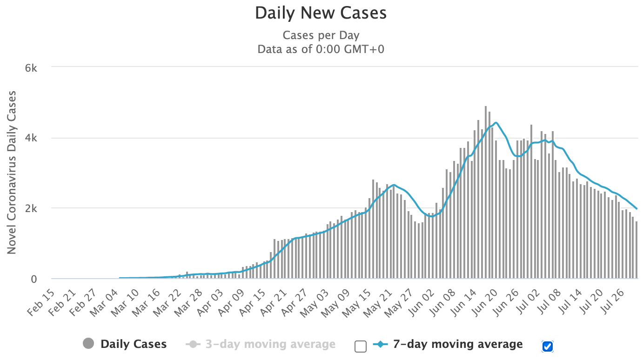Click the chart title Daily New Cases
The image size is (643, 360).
click(321, 13)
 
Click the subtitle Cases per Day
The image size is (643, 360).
click(321, 35)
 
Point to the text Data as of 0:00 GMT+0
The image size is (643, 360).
click(321, 49)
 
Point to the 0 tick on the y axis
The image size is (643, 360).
click(34, 279)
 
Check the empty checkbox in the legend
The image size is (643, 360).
click(360, 346)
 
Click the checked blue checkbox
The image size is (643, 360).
click(548, 346)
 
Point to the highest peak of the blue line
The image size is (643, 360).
click(496, 123)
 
